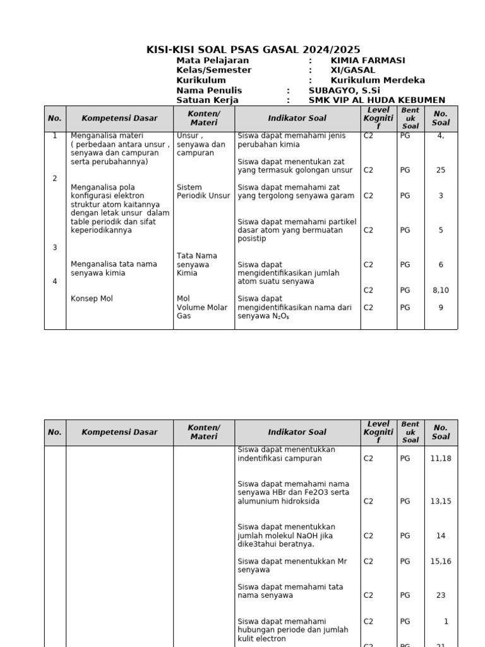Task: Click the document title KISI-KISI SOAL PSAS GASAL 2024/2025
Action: click(253, 50)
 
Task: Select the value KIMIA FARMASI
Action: click(368, 61)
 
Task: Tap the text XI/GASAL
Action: click(352, 70)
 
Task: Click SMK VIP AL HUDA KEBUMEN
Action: click(376, 100)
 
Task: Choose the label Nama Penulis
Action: click(209, 90)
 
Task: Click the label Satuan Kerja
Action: click(207, 100)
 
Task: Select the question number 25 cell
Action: click(440, 170)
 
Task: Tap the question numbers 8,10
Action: click(440, 290)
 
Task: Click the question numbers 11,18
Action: click(440, 459)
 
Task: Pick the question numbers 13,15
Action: click(440, 501)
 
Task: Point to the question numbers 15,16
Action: click(440, 561)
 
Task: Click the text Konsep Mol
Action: click(92, 298)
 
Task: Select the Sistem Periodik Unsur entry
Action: click(203, 191)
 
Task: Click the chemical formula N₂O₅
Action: click(281, 316)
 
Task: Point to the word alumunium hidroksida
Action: click(278, 501)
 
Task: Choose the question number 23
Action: click(440, 595)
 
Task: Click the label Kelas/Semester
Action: click(213, 70)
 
